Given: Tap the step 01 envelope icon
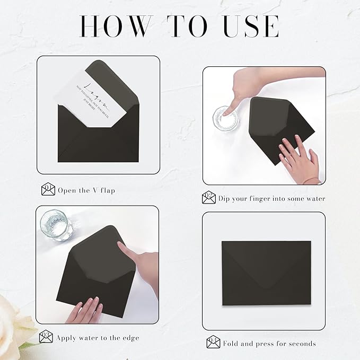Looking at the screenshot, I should point(48,190).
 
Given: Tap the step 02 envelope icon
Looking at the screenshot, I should point(209,198).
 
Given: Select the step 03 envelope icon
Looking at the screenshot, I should point(46,337).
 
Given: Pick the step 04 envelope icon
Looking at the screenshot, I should point(213,343).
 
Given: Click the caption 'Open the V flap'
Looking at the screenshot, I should point(86,190).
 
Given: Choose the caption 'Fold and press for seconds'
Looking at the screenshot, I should point(269,344).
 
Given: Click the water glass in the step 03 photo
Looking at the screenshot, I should point(57,225).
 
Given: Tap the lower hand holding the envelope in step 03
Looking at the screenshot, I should point(84,310).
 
